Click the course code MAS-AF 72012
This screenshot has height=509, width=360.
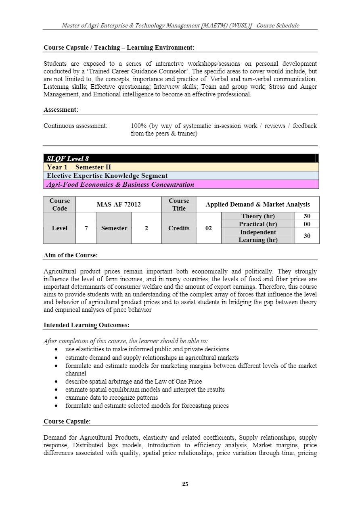[119, 204]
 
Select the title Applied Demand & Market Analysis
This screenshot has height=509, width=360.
[257, 204]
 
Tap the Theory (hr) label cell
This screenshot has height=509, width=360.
[258, 216]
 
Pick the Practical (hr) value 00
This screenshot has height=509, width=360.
[307, 224]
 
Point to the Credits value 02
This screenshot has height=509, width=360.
[209, 228]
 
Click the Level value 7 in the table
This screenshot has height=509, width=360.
[86, 228]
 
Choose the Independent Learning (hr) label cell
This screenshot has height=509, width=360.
[258, 236]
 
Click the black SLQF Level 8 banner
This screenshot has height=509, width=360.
[181, 159]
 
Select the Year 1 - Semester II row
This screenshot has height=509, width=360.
[181, 167]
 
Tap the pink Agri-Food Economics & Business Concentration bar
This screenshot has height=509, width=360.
[181, 184]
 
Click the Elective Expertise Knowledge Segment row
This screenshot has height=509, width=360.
[181, 175]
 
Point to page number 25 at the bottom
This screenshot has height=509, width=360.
[185, 484]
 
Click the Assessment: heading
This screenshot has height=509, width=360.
[61, 110]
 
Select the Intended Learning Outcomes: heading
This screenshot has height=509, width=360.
[86, 325]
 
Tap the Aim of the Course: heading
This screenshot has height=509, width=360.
[71, 255]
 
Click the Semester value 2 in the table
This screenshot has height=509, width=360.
[146, 228]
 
